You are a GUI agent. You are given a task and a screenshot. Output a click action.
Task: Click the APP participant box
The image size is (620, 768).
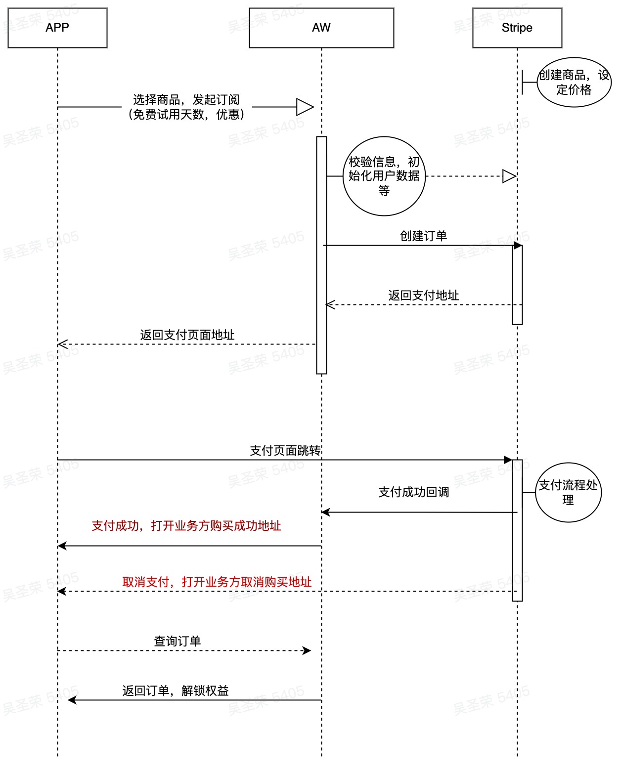pyautogui.click(x=57, y=28)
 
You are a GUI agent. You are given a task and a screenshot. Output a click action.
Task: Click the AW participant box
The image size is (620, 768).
pyautogui.click(x=321, y=28)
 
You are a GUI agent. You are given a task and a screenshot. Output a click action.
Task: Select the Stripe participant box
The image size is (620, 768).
pyautogui.click(x=517, y=28)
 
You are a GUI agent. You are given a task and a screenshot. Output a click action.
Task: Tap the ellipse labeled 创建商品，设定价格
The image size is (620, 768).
pyautogui.click(x=574, y=83)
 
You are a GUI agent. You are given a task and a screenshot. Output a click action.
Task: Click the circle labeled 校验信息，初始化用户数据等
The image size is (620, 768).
pyautogui.click(x=384, y=176)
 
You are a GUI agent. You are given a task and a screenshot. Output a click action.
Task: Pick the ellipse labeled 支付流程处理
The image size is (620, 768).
pyautogui.click(x=568, y=492)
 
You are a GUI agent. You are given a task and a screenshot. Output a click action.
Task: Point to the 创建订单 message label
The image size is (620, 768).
pyautogui.click(x=424, y=236)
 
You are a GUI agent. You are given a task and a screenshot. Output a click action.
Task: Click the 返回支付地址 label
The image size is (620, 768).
pyautogui.click(x=424, y=296)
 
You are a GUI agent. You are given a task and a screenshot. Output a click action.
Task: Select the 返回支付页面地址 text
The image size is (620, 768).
pyautogui.click(x=187, y=335)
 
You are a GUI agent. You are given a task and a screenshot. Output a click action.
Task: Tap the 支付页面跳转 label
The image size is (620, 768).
pyautogui.click(x=285, y=451)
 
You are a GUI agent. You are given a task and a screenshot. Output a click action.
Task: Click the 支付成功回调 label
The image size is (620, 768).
pyautogui.click(x=414, y=492)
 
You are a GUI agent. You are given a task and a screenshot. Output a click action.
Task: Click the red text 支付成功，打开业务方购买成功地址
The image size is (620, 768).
pyautogui.click(x=186, y=526)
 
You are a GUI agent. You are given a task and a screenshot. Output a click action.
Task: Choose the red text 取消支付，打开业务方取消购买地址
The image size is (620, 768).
pyautogui.click(x=217, y=582)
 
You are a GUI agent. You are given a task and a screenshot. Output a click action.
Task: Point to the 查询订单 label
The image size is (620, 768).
pyautogui.click(x=177, y=641)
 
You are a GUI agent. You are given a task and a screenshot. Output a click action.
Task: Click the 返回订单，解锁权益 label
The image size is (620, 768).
pyautogui.click(x=176, y=691)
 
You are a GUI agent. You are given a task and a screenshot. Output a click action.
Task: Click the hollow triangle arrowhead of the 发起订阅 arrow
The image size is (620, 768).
pyautogui.click(x=305, y=107)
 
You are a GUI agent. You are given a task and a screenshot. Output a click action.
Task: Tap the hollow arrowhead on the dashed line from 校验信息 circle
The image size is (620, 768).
pyautogui.click(x=509, y=176)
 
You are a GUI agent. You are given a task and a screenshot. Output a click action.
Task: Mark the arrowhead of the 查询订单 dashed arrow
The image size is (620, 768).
pyautogui.click(x=307, y=651)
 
